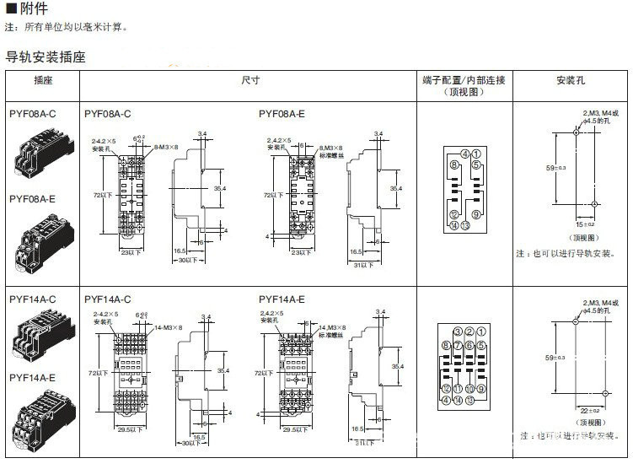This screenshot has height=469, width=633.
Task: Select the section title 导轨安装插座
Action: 46,58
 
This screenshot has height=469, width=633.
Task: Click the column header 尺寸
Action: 249,80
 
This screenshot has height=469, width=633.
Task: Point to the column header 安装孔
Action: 570,80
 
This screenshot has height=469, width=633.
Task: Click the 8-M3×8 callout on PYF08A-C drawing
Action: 165,147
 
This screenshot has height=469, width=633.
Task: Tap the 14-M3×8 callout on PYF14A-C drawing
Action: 168,326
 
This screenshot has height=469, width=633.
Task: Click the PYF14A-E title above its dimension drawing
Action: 282,299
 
